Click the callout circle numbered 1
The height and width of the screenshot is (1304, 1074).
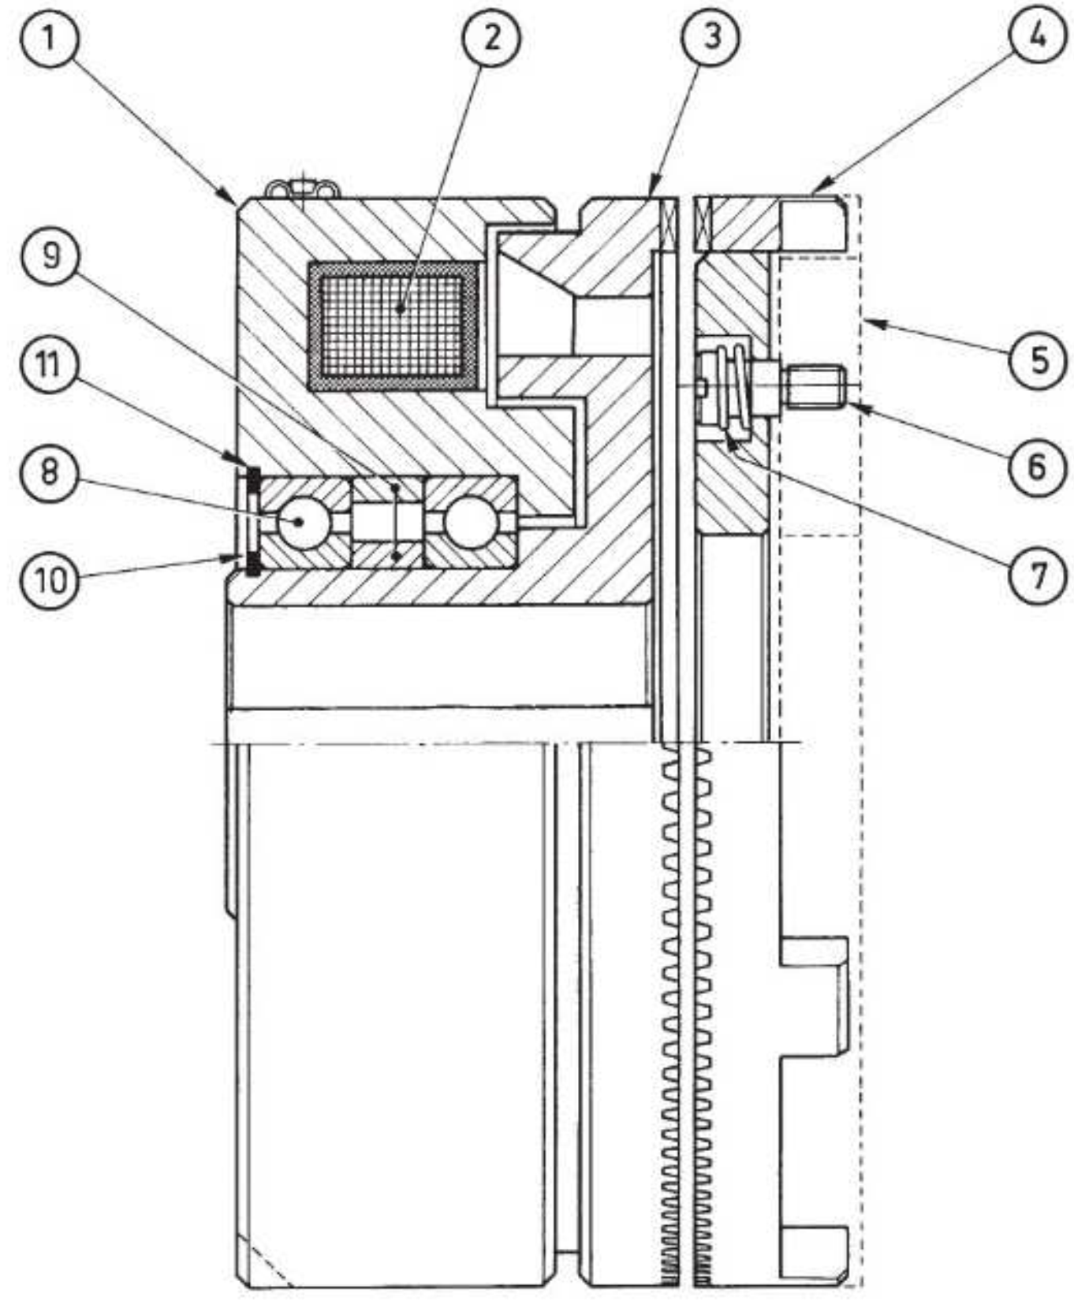click(x=50, y=36)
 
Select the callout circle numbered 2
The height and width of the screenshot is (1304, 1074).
click(x=491, y=37)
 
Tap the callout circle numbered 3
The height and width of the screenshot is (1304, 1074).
click(x=712, y=36)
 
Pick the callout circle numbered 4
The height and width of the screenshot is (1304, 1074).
click(x=1039, y=36)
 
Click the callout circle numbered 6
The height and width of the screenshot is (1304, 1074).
click(x=1036, y=467)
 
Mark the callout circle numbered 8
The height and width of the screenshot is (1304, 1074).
click(x=50, y=472)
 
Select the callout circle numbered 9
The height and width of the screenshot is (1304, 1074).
click(x=51, y=255)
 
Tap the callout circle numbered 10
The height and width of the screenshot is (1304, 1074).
click(x=50, y=581)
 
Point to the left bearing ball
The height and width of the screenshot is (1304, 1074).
click(x=301, y=522)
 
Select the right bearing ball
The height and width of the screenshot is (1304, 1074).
click(x=471, y=522)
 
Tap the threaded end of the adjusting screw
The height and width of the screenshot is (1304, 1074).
click(x=814, y=386)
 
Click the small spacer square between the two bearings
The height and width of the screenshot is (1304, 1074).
click(x=386, y=522)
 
